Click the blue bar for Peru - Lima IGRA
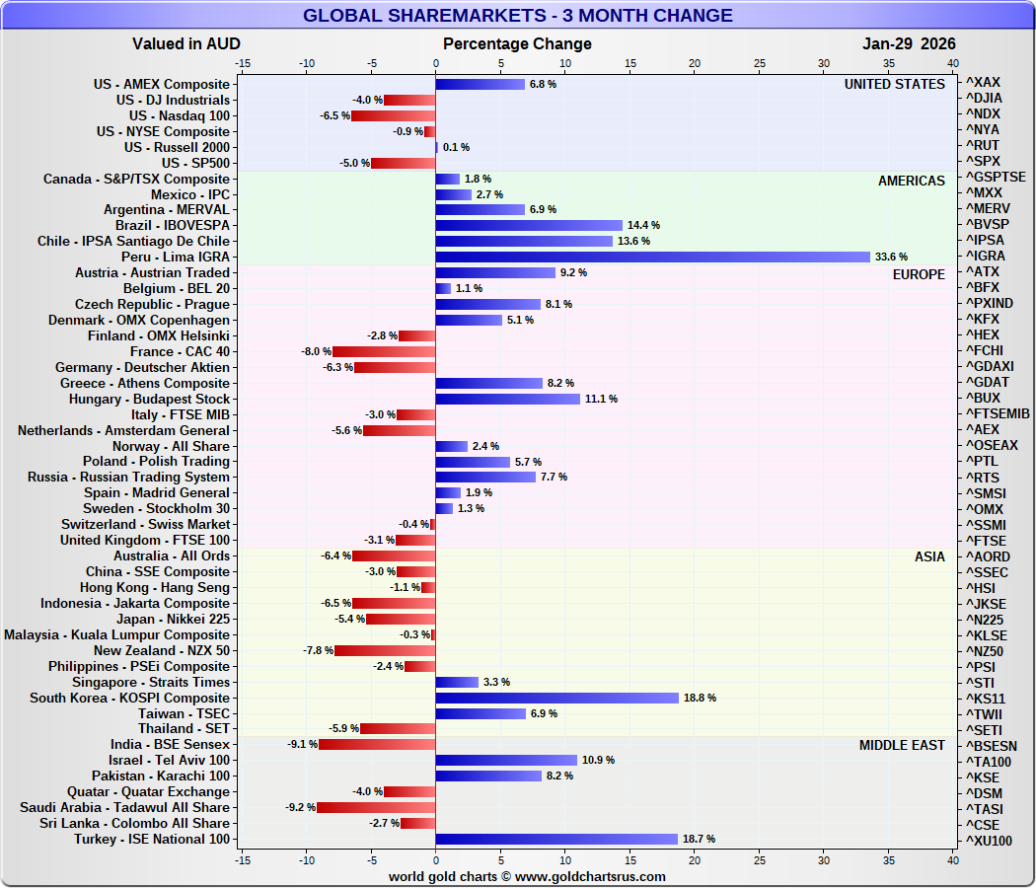click(652, 257)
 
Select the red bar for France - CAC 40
click(384, 351)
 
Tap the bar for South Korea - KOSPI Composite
click(556, 698)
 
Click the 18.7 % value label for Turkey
click(698, 839)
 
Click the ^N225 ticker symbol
click(985, 620)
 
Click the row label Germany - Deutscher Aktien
click(142, 367)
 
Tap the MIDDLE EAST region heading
click(902, 745)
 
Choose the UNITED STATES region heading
click(894, 84)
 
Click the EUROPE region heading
click(919, 273)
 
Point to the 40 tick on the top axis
click(953, 63)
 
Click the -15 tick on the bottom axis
click(242, 860)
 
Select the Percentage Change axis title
click(517, 43)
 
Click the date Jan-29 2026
click(909, 43)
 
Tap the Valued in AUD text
click(185, 43)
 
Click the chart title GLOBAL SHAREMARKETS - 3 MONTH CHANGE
click(517, 15)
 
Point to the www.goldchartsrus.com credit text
click(527, 876)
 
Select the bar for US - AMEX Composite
click(480, 84)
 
